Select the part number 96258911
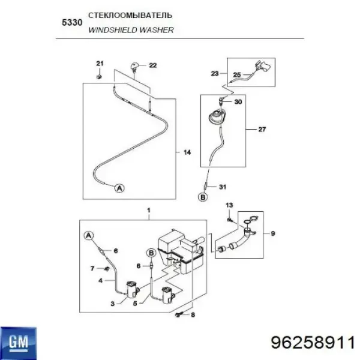313,343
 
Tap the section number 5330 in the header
72,23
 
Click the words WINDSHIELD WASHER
131,30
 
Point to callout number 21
100,64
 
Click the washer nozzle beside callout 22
134,67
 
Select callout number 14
187,152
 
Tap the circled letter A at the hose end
119,188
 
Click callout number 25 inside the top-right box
237,75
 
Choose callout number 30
238,102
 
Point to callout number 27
262,130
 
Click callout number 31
223,187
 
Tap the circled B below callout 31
203,197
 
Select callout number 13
229,205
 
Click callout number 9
273,234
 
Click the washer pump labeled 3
131,289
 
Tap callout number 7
92,268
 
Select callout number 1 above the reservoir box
149,211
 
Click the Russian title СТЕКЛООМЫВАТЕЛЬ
130,16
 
